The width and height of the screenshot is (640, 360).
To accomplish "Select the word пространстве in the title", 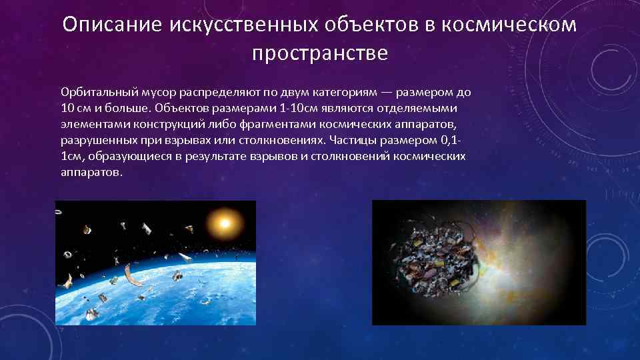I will coord(320,53).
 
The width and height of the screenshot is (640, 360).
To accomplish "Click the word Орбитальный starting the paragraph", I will coord(97,92).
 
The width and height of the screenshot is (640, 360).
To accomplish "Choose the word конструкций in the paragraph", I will coord(154,124).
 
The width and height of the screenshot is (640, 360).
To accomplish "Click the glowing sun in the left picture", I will coord(222,221).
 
